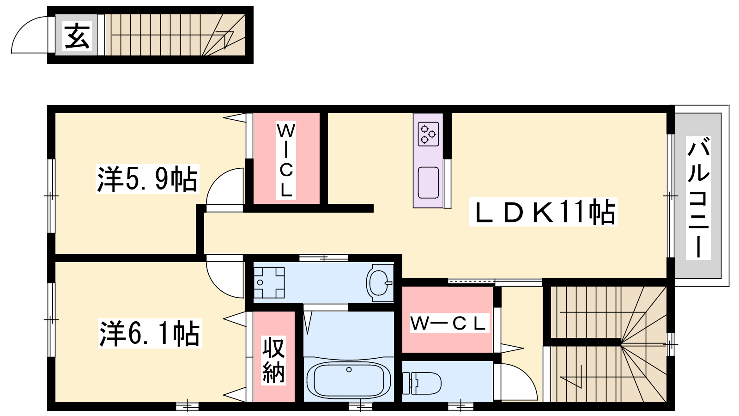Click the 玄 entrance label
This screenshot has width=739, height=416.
pyautogui.click(x=77, y=36)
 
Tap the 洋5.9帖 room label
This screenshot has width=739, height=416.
pyautogui.click(x=147, y=179)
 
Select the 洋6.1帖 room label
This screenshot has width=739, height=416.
pyautogui.click(x=150, y=333)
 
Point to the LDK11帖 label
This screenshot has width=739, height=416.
pyautogui.click(x=543, y=212)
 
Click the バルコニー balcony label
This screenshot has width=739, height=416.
pyautogui.click(x=698, y=198)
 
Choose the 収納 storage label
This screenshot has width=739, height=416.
pyautogui.click(x=273, y=360)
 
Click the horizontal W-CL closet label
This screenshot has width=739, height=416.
pyautogui.click(x=448, y=323)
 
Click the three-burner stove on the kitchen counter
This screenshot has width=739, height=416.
pyautogui.click(x=428, y=134)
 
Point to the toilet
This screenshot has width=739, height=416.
pyautogui.click(x=422, y=383)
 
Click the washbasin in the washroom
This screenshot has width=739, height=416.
pyautogui.click(x=379, y=283)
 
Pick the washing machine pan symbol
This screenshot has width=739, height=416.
pyautogui.click(x=268, y=282)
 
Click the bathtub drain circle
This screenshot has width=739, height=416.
pyautogui.click(x=349, y=369)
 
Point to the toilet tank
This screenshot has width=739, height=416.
pyautogui.click(x=407, y=383)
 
